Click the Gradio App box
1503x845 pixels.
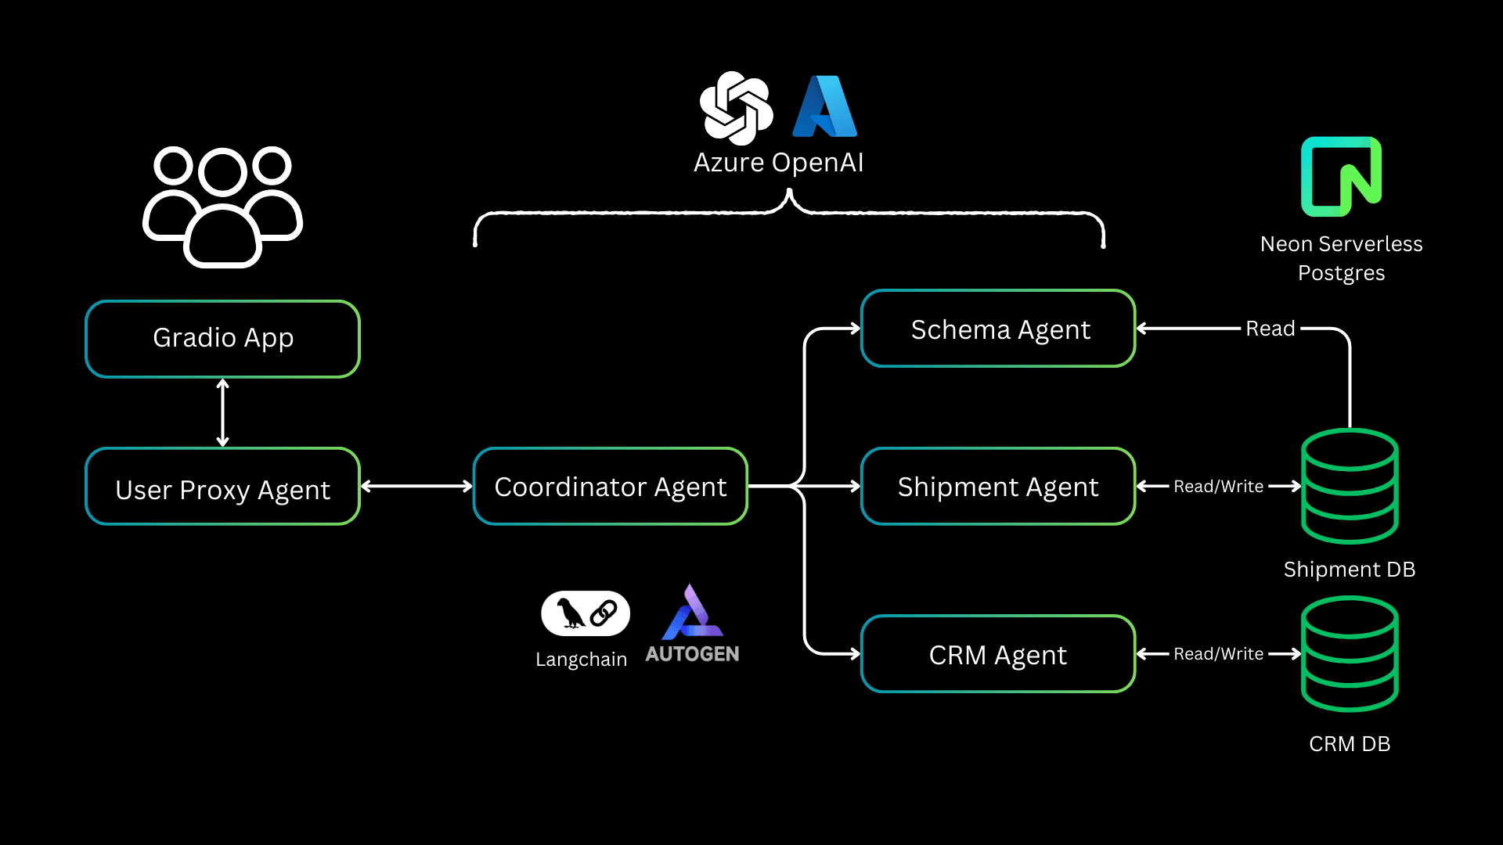222,338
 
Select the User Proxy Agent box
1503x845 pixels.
222,487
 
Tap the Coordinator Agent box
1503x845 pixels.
611,487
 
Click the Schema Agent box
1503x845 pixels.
998,329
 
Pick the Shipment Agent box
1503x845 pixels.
998,487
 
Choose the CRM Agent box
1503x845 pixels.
998,654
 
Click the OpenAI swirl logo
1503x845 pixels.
736,108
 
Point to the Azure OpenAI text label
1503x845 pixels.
778,163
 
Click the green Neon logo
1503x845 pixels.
1341,177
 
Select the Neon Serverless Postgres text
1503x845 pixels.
1341,258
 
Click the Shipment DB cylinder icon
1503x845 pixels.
1350,487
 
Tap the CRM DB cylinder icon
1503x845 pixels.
1350,654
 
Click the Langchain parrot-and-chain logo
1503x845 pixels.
586,613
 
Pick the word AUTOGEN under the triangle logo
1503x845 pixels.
692,654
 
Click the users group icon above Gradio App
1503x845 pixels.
222,207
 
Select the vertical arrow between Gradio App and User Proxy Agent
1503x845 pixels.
222,412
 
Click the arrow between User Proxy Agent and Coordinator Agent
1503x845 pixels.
416,487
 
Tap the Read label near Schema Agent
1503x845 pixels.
1270,329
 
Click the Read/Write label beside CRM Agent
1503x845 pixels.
1218,654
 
